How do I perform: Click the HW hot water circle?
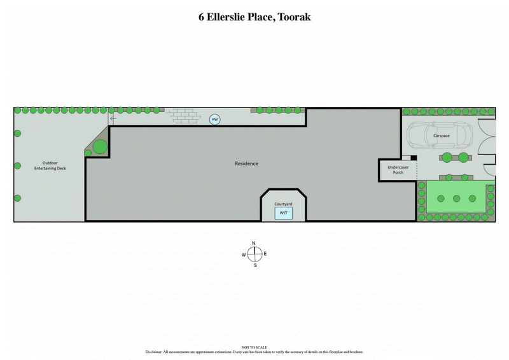[215, 119]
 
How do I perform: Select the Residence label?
[246, 163]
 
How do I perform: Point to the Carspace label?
[442, 136]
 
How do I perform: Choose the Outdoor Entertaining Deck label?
[50, 165]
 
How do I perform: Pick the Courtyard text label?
[284, 204]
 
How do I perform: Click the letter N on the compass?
[254, 244]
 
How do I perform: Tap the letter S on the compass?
[254, 265]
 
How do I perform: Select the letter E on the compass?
[265, 254]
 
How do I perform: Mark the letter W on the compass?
[243, 254]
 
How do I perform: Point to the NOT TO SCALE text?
[254, 347]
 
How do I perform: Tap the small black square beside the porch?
[413, 158]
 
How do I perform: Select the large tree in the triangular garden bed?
[100, 147]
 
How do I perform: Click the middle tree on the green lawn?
[456, 198]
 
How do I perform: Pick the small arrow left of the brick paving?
[113, 118]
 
